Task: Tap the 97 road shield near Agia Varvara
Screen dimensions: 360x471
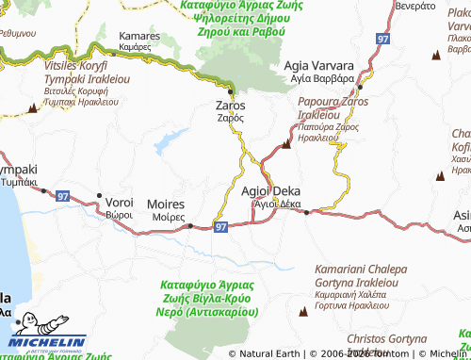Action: (x=382, y=40)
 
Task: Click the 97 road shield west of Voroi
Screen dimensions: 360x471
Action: (x=63, y=195)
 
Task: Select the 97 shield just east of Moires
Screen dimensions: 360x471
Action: (x=220, y=227)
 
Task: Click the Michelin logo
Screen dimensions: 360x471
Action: (x=47, y=345)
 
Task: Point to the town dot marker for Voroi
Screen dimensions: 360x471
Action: (x=99, y=196)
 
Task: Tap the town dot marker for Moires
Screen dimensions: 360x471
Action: (x=191, y=225)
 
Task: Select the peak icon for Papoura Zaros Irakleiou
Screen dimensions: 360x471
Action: (x=287, y=143)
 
